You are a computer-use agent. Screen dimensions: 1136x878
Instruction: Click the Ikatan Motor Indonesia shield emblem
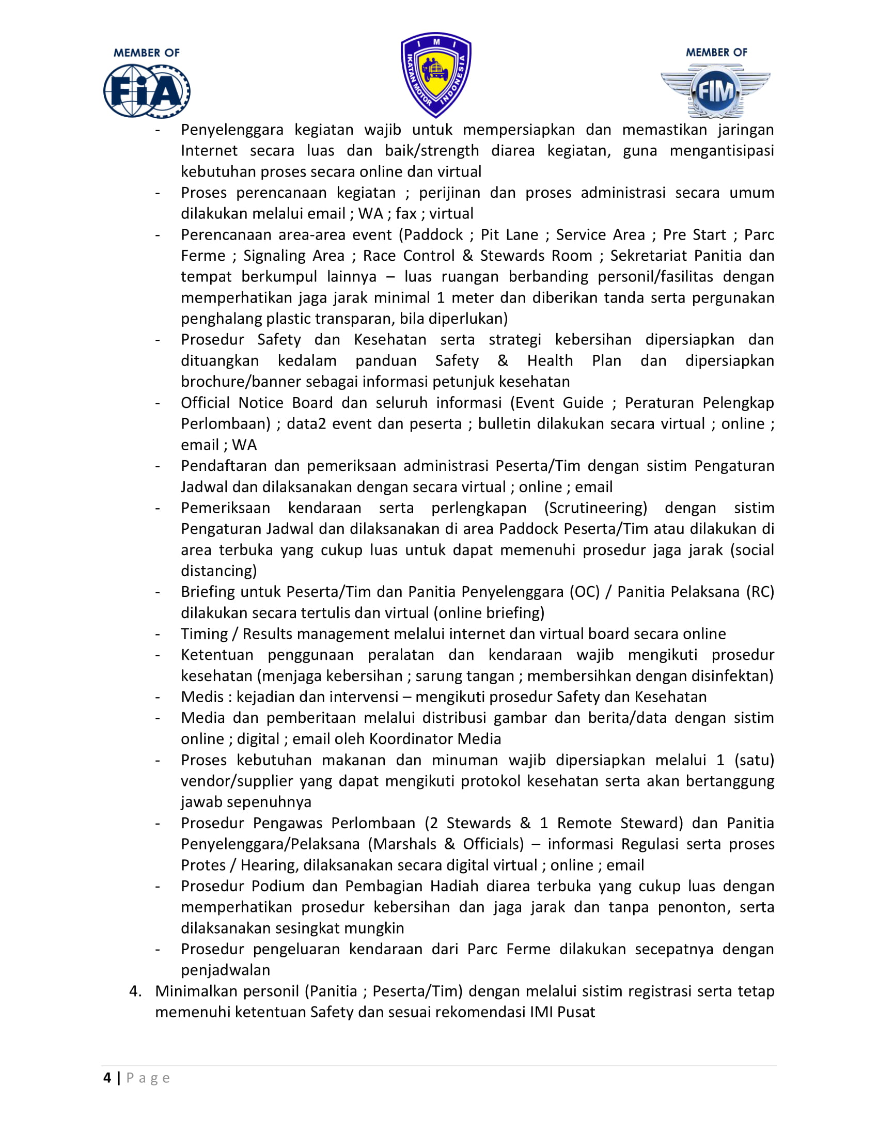pos(436,74)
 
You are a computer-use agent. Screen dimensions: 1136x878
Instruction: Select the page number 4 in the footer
pos(107,1077)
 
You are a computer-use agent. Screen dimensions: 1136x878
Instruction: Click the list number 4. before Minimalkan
pos(135,991)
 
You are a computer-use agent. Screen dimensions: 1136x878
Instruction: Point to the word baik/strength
pos(432,151)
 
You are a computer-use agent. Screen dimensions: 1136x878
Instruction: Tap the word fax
pos(406,214)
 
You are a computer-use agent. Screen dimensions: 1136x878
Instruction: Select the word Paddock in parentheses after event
pos(433,234)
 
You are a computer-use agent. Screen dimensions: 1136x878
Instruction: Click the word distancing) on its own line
pos(219,571)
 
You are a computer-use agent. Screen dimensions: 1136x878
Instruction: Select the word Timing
pos(205,634)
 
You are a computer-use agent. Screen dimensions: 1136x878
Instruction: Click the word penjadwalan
pos(226,970)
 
